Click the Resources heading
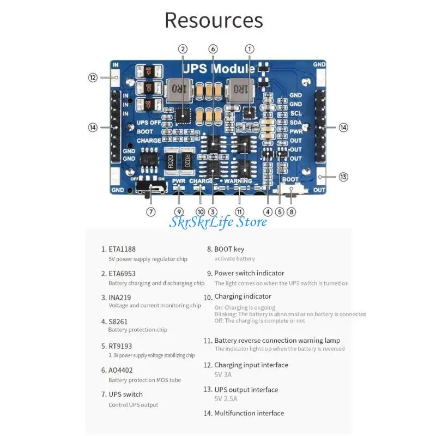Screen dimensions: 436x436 (214, 20)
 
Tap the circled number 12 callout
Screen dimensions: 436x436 (93, 77)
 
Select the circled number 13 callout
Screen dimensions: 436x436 (343, 177)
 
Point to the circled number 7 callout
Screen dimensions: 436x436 (151, 212)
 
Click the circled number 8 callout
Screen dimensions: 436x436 (292, 212)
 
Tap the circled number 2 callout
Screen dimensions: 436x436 (183, 49)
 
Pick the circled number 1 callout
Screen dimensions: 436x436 (250, 49)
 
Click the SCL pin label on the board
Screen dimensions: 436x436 (296, 113)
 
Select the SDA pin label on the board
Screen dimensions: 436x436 (296, 122)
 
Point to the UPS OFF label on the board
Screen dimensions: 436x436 (149, 123)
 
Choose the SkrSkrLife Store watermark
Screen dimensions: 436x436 (218, 222)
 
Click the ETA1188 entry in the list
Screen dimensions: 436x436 (122, 249)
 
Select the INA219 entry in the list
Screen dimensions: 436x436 (120, 298)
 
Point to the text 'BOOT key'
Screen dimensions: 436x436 (229, 249)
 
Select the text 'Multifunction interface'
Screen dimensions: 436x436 (249, 413)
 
